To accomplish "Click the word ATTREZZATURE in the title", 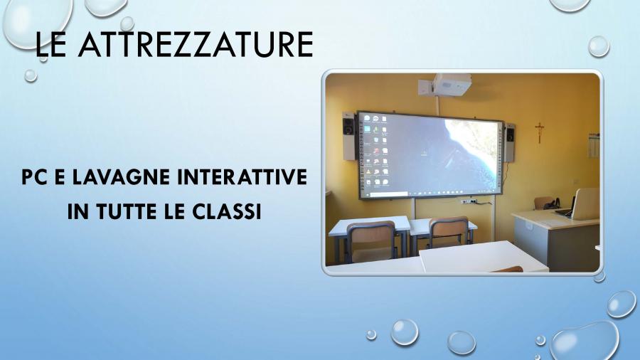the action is point(196,44).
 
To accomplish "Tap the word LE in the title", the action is point(50,44).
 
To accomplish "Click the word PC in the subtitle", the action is point(34,176).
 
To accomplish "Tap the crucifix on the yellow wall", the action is point(540,132).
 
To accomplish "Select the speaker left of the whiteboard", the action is point(348,136).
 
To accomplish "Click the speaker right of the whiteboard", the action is point(509,143).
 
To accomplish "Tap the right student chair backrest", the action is point(449,231).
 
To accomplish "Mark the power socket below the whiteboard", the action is point(469,201).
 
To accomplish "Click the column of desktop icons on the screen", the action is point(376,150).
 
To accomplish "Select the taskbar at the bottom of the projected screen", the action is point(430,193).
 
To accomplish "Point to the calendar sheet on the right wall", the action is point(594,145).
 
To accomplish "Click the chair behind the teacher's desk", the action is point(545,203).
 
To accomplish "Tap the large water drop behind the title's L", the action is point(37,23).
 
